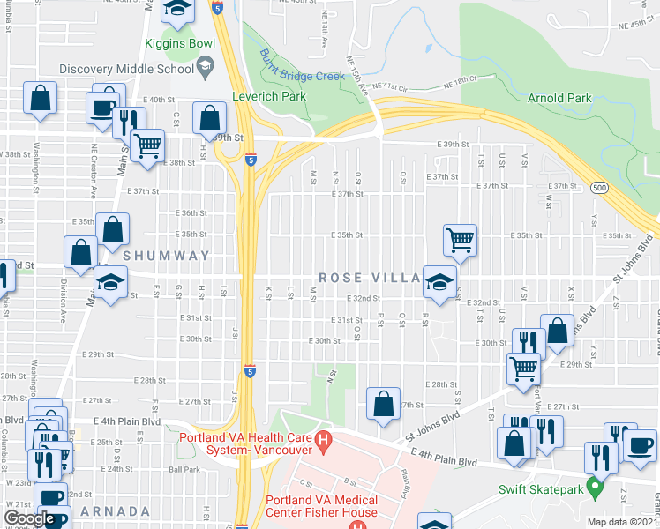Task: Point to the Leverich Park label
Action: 268,96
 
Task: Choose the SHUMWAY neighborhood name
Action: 167,256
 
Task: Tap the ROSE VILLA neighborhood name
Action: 369,278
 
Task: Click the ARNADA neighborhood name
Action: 115,511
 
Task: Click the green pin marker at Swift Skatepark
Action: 596,484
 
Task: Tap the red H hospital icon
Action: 324,438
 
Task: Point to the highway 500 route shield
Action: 600,188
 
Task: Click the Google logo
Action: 28,518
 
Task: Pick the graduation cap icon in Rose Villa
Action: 436,281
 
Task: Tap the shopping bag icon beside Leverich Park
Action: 210,117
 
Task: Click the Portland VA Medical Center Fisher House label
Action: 322,506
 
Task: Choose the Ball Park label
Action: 185,469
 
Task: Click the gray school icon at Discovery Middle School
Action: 205,66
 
